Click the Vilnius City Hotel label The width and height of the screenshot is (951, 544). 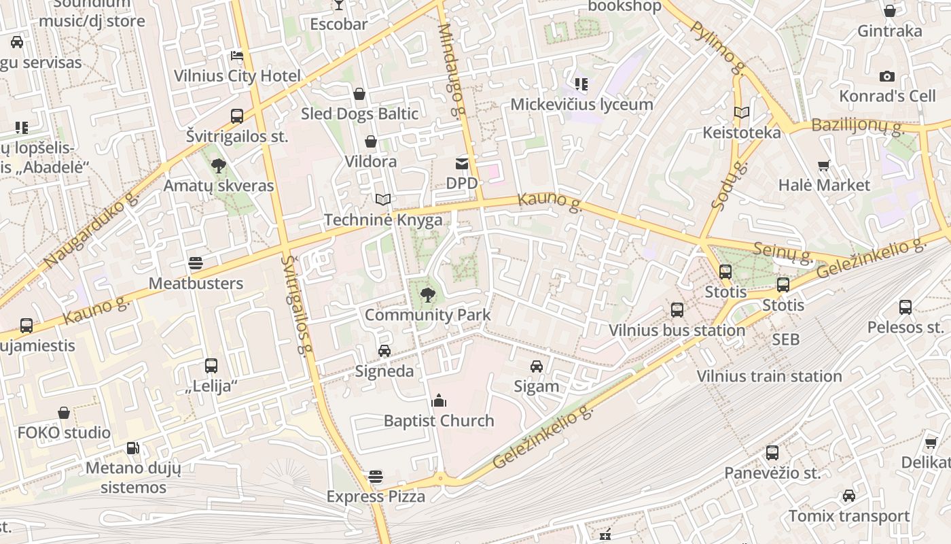(x=237, y=75)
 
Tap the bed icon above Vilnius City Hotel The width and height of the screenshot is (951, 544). (x=237, y=56)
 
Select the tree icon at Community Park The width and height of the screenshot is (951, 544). (x=427, y=295)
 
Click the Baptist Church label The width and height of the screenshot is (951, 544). (x=439, y=421)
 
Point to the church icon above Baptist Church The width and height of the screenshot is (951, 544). (x=439, y=401)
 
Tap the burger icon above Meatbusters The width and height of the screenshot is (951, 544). (x=196, y=264)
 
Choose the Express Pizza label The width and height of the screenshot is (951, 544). (x=376, y=496)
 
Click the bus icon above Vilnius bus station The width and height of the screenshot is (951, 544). (x=677, y=310)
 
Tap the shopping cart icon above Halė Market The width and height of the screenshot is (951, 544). (x=824, y=165)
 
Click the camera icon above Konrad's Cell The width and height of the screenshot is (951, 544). (x=886, y=77)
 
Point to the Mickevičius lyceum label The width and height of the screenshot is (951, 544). (x=581, y=105)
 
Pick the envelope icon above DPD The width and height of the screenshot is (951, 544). (x=462, y=163)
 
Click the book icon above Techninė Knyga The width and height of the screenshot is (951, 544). (x=383, y=200)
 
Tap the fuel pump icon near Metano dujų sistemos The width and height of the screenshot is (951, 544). (x=133, y=448)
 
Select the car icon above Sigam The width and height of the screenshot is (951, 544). (x=537, y=367)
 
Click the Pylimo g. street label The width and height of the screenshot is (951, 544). (x=719, y=48)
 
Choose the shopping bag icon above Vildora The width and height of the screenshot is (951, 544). (x=371, y=141)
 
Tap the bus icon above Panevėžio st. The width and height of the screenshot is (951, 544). (x=772, y=453)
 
